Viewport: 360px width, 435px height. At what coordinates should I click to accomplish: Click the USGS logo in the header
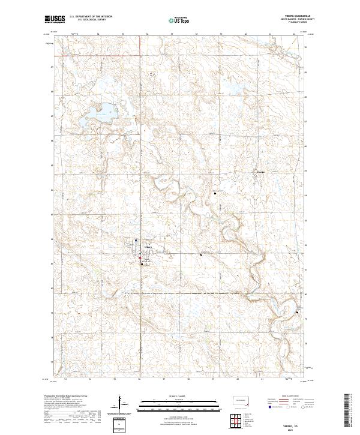pyautogui.click(x=55, y=19)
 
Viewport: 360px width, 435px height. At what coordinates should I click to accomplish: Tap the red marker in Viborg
pyautogui.click(x=142, y=259)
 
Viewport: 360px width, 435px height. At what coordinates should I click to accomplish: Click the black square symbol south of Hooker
pyautogui.click(x=216, y=193)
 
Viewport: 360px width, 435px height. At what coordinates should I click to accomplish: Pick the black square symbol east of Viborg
pyautogui.click(x=200, y=254)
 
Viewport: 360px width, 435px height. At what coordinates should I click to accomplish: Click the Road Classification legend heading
pyautogui.click(x=289, y=397)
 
